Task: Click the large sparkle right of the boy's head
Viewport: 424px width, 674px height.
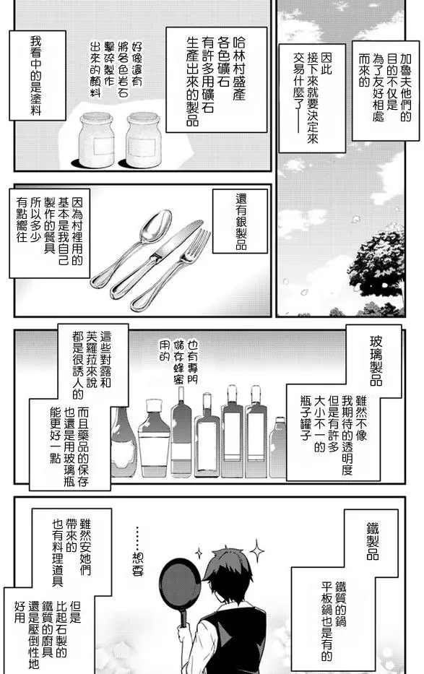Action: pos(256,551)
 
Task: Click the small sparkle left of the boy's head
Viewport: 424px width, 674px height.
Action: pos(199,551)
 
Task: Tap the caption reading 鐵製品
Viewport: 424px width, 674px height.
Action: pos(372,540)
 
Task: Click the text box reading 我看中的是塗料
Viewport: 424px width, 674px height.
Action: pos(38,75)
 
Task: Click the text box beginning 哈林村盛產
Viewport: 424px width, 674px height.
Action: pos(216,80)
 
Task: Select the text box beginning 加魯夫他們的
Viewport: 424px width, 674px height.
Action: pos(385,91)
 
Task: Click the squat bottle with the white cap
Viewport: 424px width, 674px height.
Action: pos(154,438)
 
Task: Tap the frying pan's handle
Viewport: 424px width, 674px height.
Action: pos(184,618)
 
